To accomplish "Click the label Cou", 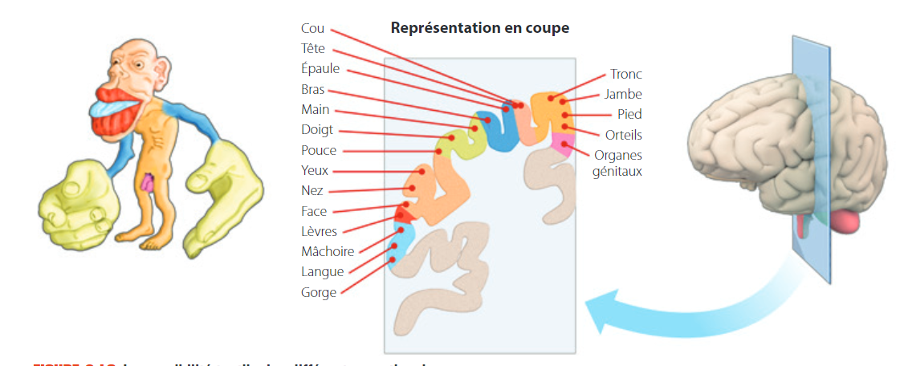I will [x=312, y=29].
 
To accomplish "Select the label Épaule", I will [x=320, y=69].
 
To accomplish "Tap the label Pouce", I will [x=319, y=151].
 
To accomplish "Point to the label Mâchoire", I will [x=328, y=252].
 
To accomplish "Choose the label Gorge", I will [x=319, y=293].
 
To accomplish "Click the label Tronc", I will [x=626, y=75].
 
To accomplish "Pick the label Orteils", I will [x=624, y=135].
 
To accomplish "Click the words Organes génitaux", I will [x=617, y=163].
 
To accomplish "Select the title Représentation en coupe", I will [x=479, y=28].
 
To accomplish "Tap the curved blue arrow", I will [x=682, y=309].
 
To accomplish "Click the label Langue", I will [x=322, y=272].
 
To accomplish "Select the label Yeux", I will [x=315, y=171].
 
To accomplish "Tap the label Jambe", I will [x=624, y=95].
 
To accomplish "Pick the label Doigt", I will [x=317, y=130].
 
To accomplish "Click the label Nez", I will [x=312, y=191].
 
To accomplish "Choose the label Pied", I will [x=629, y=115].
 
